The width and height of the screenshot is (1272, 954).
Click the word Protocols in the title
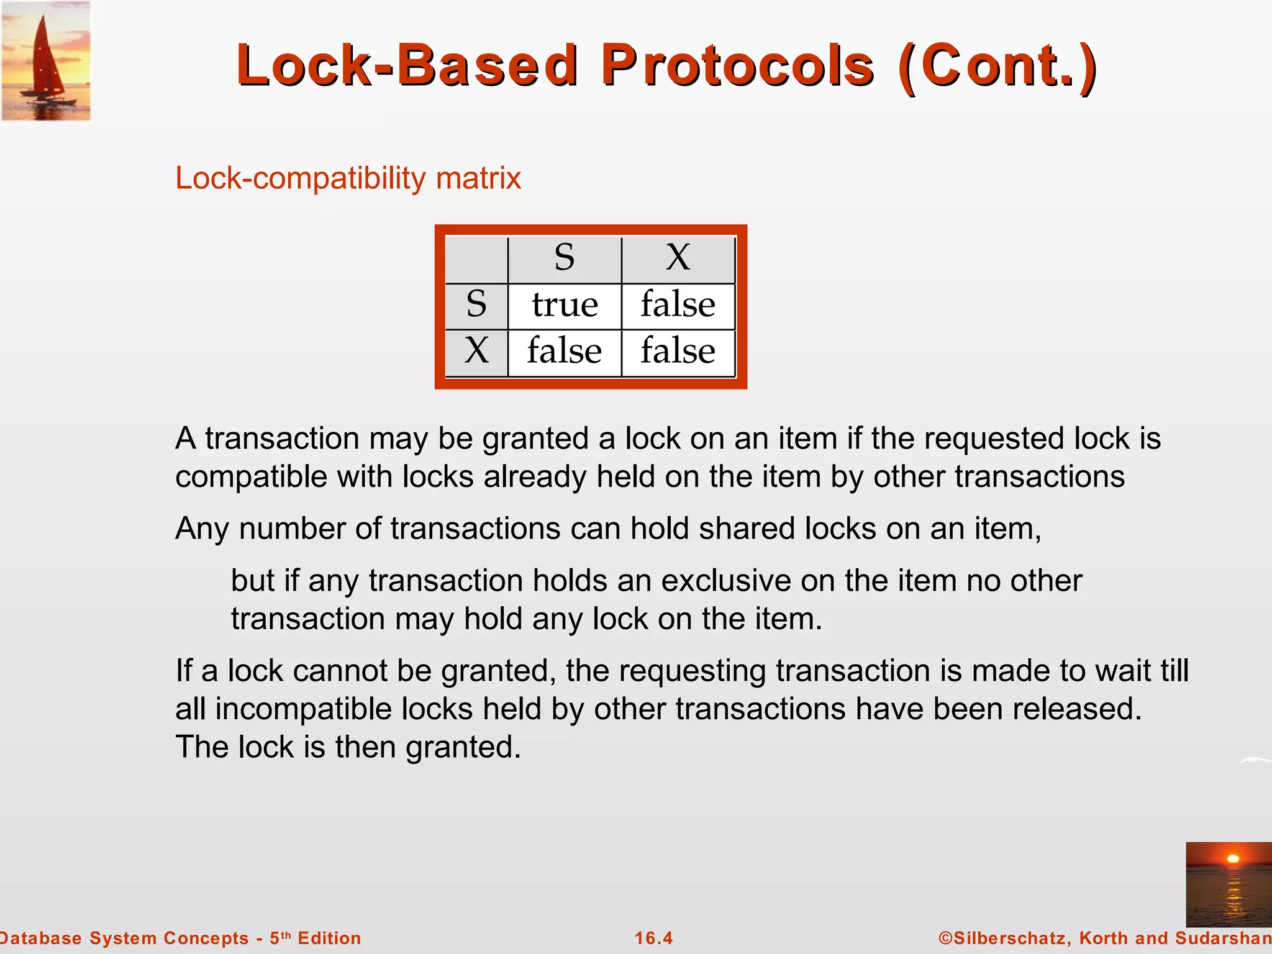coord(738,66)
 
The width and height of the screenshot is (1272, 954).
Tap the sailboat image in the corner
coord(46,61)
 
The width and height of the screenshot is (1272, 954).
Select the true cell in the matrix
coord(565,306)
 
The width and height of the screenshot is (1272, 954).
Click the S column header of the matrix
coord(565,257)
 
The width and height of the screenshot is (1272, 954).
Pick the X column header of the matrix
coord(678,257)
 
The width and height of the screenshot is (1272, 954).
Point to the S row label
coord(476,304)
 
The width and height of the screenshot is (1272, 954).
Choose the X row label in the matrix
coord(476,351)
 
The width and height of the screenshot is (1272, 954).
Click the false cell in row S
coord(678,306)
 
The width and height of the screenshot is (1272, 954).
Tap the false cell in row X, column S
coord(565,352)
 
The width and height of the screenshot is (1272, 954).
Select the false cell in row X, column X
coord(678,352)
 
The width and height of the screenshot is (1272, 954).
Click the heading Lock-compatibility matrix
coord(348,178)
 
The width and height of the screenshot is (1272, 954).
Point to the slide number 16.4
coord(653,938)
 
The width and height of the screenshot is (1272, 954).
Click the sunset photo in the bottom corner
coord(1228,884)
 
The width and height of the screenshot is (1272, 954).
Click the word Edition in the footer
coord(329,938)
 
